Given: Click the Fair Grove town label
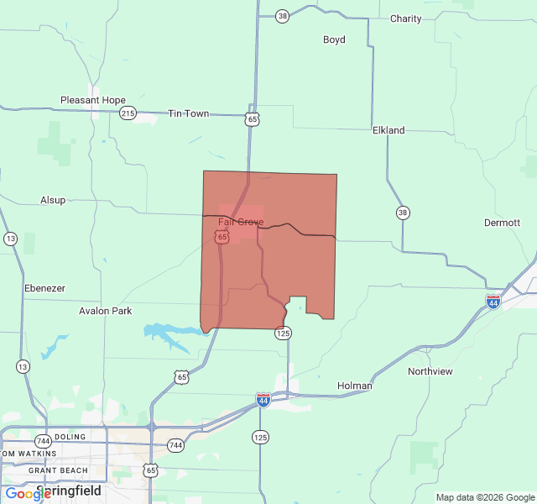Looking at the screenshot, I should pyautogui.click(x=241, y=223).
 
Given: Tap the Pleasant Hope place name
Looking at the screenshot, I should pyautogui.click(x=93, y=100).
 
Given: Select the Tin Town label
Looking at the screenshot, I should pyautogui.click(x=189, y=113).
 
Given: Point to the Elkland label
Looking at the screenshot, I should pyautogui.click(x=388, y=130).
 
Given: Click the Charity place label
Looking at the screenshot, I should pyautogui.click(x=406, y=18).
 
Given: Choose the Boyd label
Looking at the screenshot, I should pyautogui.click(x=334, y=39).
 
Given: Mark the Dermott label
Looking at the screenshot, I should pyautogui.click(x=503, y=223).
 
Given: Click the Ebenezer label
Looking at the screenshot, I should pyautogui.click(x=44, y=288).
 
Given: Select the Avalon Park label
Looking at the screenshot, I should pyautogui.click(x=106, y=311).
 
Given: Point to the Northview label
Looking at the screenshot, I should pyautogui.click(x=430, y=371).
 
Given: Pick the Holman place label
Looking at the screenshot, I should pyautogui.click(x=355, y=386).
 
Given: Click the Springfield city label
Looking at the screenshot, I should pyautogui.click(x=69, y=491).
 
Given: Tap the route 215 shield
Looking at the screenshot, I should pyautogui.click(x=128, y=113).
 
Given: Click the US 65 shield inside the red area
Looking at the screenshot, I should pyautogui.click(x=222, y=238).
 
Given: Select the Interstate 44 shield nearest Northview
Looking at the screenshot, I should pyautogui.click(x=493, y=300).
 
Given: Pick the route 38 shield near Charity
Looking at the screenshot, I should pyautogui.click(x=282, y=16).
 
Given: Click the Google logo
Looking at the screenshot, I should pyautogui.click(x=28, y=494).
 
